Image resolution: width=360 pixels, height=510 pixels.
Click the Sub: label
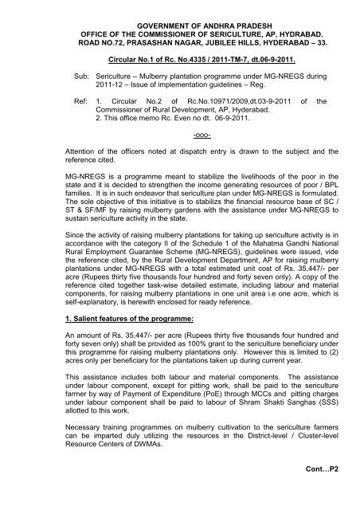coord(53,80)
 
